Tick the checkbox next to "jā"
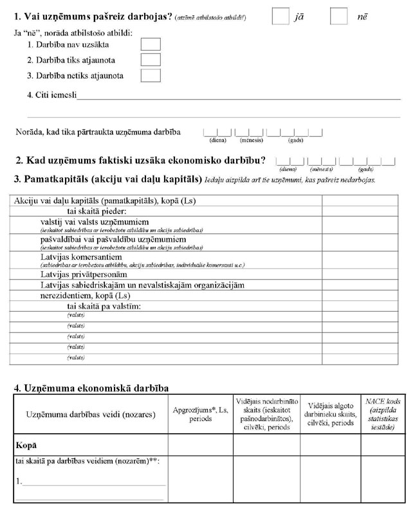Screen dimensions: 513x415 [280, 16]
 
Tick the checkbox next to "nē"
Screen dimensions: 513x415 [338, 16]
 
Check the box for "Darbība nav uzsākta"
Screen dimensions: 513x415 [150, 44]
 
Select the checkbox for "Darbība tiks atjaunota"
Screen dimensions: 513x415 [150, 60]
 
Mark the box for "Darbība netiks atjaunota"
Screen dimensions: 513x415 [150, 75]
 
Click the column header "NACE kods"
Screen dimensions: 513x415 [383, 415]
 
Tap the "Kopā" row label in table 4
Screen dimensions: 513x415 [26, 445]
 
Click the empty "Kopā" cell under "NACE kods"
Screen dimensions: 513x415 [383, 445]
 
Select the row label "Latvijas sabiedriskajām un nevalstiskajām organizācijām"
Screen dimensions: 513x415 [142, 284]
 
